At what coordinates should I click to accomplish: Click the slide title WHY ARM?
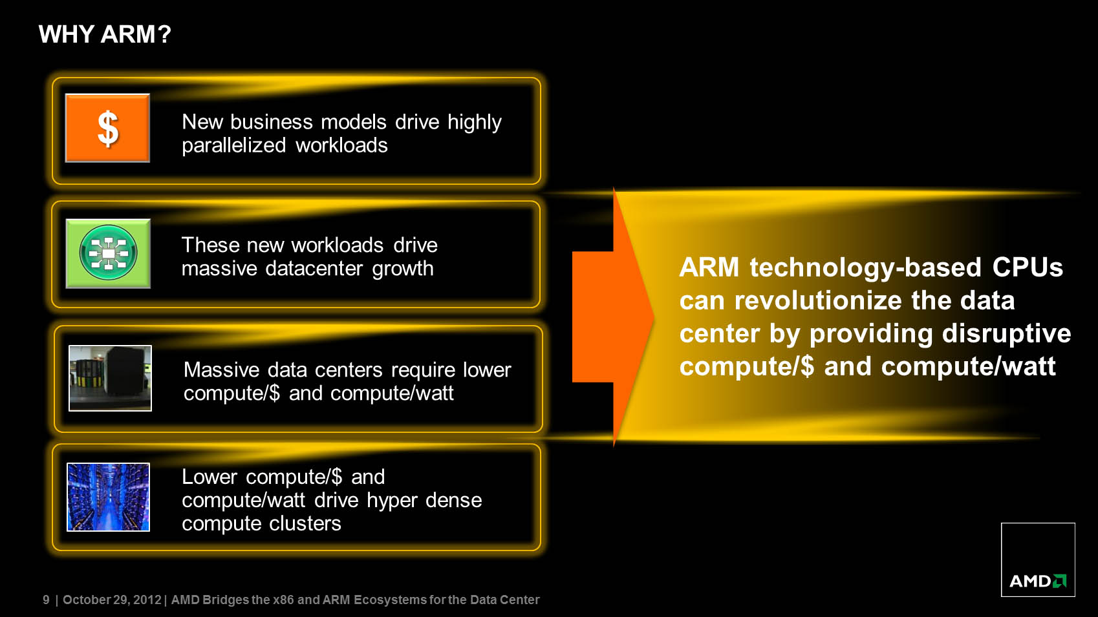pyautogui.click(x=105, y=34)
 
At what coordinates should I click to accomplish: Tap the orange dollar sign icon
pyautogui.click(x=107, y=128)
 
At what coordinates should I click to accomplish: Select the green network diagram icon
pyautogui.click(x=108, y=253)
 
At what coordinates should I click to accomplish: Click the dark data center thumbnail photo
pyautogui.click(x=111, y=378)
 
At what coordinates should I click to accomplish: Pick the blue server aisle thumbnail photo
pyautogui.click(x=109, y=497)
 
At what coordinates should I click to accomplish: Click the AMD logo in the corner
pyautogui.click(x=1038, y=559)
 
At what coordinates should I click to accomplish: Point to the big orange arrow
pyautogui.click(x=613, y=317)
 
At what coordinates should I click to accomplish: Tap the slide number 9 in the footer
pyautogui.click(x=46, y=600)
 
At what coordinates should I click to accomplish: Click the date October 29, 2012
pyautogui.click(x=112, y=600)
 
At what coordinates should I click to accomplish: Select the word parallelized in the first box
pyautogui.click(x=234, y=145)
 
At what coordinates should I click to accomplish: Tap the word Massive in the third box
pyautogui.click(x=221, y=370)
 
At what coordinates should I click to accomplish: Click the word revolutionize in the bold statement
pyautogui.click(x=818, y=300)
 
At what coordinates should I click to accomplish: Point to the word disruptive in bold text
pyautogui.click(x=1006, y=333)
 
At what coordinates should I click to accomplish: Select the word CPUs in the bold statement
pyautogui.click(x=1028, y=267)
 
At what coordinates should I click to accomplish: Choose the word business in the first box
pyautogui.click(x=271, y=121)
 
